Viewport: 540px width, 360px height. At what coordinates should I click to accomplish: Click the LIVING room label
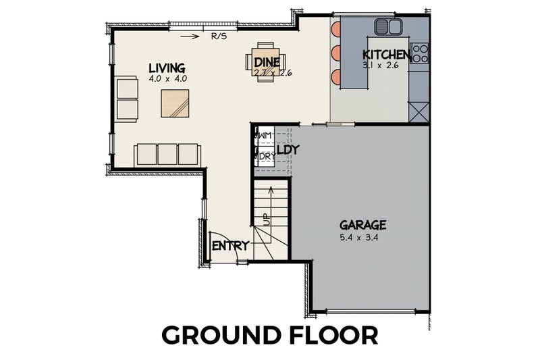click(167, 68)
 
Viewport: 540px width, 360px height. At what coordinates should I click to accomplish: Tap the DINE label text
click(267, 62)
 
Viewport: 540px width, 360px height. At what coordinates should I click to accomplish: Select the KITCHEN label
click(385, 55)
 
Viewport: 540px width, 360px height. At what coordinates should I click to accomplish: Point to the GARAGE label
click(362, 225)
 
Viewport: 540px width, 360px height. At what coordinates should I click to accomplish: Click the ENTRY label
click(230, 246)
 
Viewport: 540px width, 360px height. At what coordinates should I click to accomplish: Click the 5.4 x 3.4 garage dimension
click(362, 238)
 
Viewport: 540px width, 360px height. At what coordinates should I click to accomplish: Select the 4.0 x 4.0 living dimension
click(167, 78)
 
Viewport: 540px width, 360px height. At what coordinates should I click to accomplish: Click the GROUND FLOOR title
click(269, 336)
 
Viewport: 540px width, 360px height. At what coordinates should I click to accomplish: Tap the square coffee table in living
click(175, 103)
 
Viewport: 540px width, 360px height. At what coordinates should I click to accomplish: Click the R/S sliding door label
click(219, 37)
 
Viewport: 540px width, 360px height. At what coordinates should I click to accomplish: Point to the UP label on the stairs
click(266, 219)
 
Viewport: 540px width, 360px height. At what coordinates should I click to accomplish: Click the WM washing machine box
click(263, 136)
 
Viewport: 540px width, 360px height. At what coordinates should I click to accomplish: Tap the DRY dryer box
click(263, 156)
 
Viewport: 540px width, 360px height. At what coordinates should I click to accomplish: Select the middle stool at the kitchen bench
click(336, 53)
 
